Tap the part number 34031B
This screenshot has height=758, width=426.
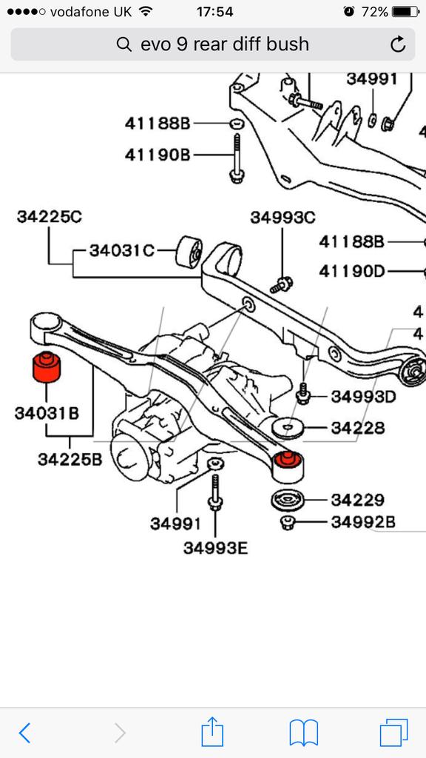[46, 412]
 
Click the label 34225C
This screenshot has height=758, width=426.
[49, 217]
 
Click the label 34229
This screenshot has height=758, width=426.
[356, 500]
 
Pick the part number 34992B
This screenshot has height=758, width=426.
[362, 522]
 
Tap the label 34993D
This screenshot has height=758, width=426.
[363, 396]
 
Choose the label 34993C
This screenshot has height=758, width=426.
[283, 217]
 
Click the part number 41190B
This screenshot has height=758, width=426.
[157, 154]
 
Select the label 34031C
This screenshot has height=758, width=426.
[121, 250]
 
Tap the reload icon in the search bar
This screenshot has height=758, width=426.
[398, 44]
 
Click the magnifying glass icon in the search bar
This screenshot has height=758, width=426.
[124, 44]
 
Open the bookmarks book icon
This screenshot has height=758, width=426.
[303, 732]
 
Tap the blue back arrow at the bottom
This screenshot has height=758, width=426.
[24, 732]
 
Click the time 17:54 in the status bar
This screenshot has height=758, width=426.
[214, 12]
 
